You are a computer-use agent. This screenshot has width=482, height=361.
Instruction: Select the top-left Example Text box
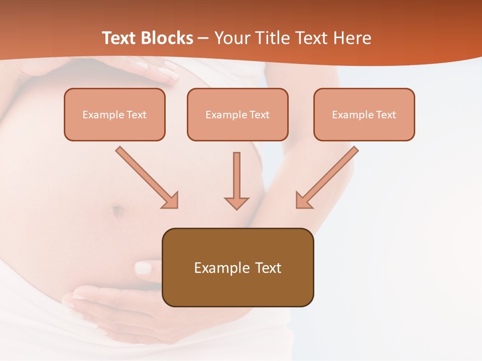pyautogui.click(x=114, y=114)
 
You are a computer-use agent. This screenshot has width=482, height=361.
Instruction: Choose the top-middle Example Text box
pyautogui.click(x=237, y=114)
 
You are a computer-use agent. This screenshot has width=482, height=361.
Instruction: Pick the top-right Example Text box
pyautogui.click(x=364, y=114)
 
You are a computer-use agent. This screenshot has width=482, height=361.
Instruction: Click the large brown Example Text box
pyautogui.click(x=237, y=267)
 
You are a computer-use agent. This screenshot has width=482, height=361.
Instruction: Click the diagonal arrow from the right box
pyautogui.click(x=327, y=177)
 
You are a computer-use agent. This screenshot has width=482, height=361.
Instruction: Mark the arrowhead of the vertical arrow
pyautogui.click(x=236, y=203)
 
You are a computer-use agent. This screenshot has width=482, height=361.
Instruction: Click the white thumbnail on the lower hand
pyautogui.click(x=143, y=267)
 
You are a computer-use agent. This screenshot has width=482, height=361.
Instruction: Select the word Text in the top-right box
pyautogui.click(x=386, y=115)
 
